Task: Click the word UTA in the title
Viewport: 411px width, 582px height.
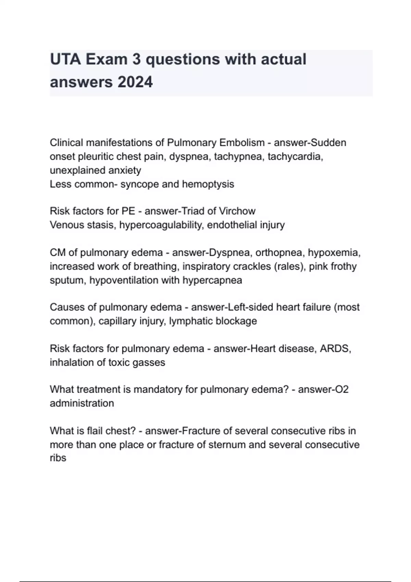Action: point(65,59)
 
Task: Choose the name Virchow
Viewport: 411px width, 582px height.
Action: point(237,211)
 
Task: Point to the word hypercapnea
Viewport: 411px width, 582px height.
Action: point(212,280)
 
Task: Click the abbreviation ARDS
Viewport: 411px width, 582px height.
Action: point(335,349)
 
